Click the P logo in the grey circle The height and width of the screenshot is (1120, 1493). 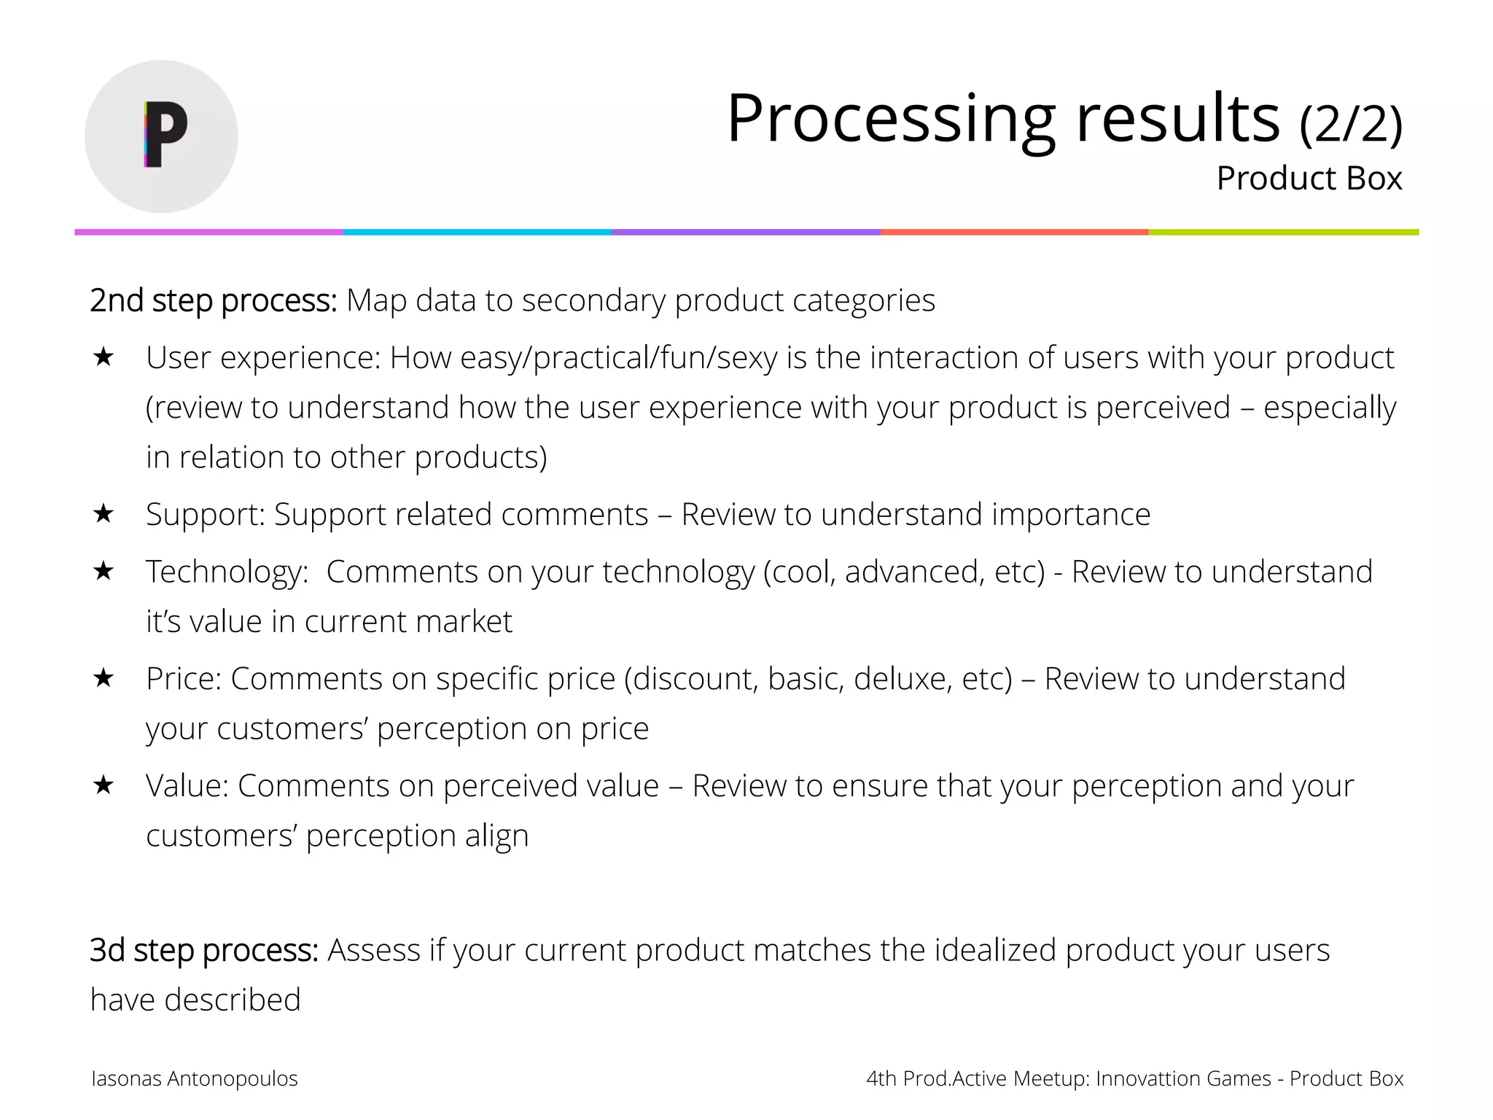pos(165,135)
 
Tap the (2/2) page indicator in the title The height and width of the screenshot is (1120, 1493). pos(1351,124)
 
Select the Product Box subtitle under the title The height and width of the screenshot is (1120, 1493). pos(1309,179)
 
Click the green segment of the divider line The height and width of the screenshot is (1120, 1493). pos(1283,232)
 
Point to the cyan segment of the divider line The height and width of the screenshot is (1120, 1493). pos(477,232)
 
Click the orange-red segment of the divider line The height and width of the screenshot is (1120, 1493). pos(1013,232)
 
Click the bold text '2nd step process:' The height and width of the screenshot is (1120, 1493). pos(213,300)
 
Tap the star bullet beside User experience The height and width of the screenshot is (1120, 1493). pos(104,357)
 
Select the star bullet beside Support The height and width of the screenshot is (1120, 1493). pos(104,514)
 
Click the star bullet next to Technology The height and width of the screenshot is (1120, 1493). pos(104,571)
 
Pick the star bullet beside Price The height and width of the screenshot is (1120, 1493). pos(104,678)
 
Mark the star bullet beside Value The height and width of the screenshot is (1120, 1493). pos(104,785)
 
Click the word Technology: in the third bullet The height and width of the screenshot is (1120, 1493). pos(227,572)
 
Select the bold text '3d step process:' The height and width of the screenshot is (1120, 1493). pos(204,950)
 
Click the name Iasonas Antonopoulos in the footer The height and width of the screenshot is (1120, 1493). pos(195,1078)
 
